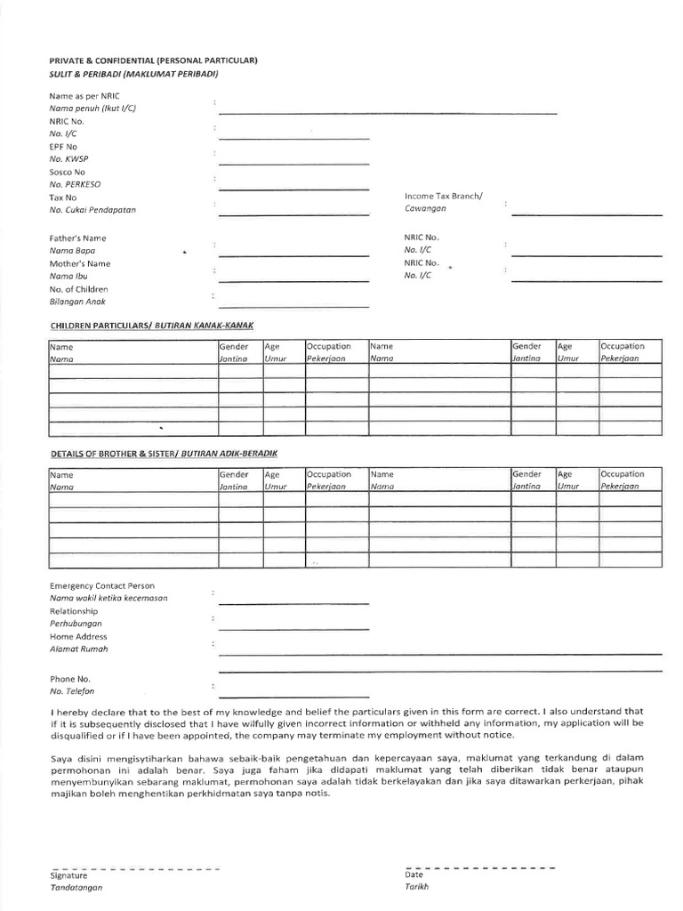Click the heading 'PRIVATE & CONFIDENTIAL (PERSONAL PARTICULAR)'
[x=153, y=60]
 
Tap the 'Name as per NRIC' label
[x=84, y=95]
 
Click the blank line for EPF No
[x=293, y=163]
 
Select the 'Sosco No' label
[x=68, y=172]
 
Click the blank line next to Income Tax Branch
[x=586, y=214]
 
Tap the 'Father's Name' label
[x=77, y=238]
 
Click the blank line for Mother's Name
[x=293, y=280]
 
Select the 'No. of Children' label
[x=78, y=289]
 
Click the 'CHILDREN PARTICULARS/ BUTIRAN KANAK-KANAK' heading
[x=158, y=326]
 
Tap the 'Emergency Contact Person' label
[x=101, y=586]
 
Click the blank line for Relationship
[x=293, y=629]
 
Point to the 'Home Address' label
[x=78, y=637]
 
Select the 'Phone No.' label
[x=70, y=678]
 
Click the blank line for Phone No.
[x=293, y=697]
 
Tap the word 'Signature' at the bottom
[x=68, y=875]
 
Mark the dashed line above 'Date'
[x=480, y=867]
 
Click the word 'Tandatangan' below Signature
[x=76, y=888]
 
